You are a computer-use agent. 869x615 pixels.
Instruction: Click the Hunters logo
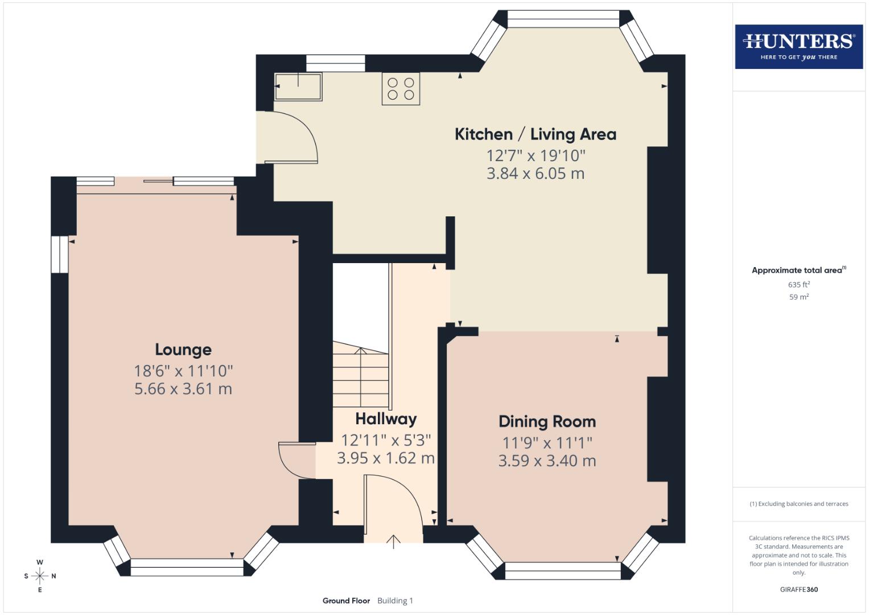[x=798, y=46]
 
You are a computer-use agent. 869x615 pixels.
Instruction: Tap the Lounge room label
[x=183, y=350]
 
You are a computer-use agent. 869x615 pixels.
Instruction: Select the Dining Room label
[x=547, y=421]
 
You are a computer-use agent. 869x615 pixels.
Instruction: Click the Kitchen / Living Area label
[x=535, y=134]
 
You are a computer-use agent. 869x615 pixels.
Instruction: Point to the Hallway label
[x=386, y=419]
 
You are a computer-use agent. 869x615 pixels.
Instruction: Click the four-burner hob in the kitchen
[x=401, y=89]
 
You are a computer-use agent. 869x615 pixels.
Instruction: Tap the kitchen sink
[x=298, y=87]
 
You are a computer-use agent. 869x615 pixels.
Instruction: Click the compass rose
[x=40, y=576]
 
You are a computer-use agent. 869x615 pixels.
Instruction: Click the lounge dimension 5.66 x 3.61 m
[x=183, y=389]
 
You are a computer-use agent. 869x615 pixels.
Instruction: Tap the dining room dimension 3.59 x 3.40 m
[x=547, y=461]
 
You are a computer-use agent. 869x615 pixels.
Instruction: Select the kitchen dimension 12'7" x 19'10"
[x=535, y=155]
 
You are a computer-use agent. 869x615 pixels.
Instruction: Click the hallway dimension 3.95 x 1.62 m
[x=386, y=458]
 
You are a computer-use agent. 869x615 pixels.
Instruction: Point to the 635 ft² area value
[x=798, y=284]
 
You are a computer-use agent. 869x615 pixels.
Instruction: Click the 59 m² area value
[x=798, y=297]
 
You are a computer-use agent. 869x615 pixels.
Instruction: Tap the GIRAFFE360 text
[x=798, y=589]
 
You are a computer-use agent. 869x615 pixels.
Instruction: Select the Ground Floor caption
[x=346, y=601]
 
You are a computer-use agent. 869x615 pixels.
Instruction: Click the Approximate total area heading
[x=798, y=270]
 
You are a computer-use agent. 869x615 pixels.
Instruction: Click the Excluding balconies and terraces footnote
[x=798, y=504]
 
